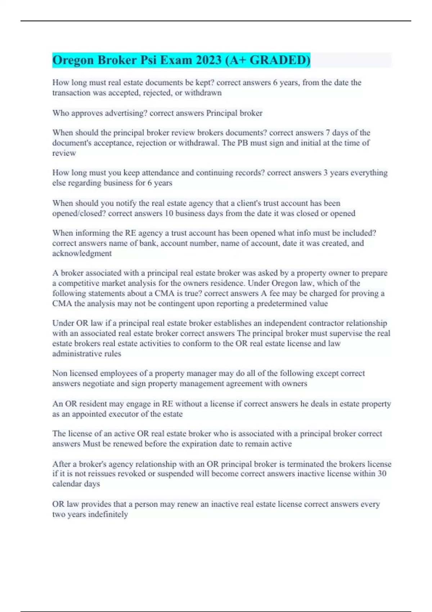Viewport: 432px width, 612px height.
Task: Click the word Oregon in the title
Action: pos(73,60)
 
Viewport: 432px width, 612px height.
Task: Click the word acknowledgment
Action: pos(82,253)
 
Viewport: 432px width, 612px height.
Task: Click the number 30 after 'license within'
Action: pos(382,474)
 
